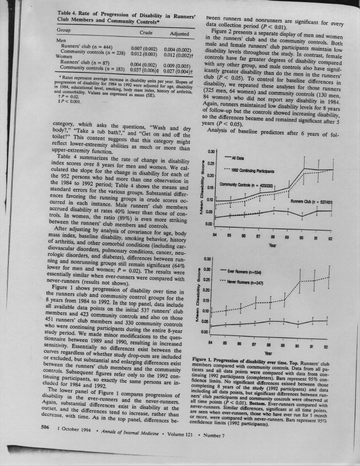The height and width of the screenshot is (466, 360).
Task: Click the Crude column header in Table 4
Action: (146, 33)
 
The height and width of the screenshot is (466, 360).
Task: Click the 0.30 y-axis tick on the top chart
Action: (210, 151)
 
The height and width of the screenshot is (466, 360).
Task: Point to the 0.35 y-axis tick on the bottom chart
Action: (209, 258)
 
